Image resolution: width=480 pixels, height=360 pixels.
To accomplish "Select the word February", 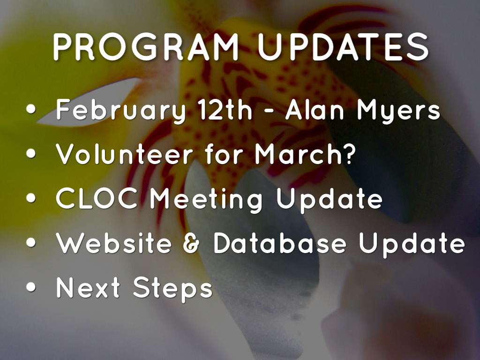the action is point(121,111).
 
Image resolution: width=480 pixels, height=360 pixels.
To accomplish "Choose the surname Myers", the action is point(398,111).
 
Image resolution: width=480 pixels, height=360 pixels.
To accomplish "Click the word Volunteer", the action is point(124,153).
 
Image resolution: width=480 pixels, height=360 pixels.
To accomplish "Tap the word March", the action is point(296,153).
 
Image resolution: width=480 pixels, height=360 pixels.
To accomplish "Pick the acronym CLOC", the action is point(97,198).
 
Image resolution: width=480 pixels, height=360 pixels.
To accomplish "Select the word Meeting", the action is point(206,200).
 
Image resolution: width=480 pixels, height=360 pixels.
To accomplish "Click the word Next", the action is point(88,287).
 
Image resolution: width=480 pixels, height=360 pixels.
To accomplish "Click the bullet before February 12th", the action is point(31,109).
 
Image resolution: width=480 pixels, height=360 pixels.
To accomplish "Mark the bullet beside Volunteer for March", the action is point(31,154).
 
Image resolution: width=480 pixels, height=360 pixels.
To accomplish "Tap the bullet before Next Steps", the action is point(31,287).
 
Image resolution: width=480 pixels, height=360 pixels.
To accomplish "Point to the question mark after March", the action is point(348,153).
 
